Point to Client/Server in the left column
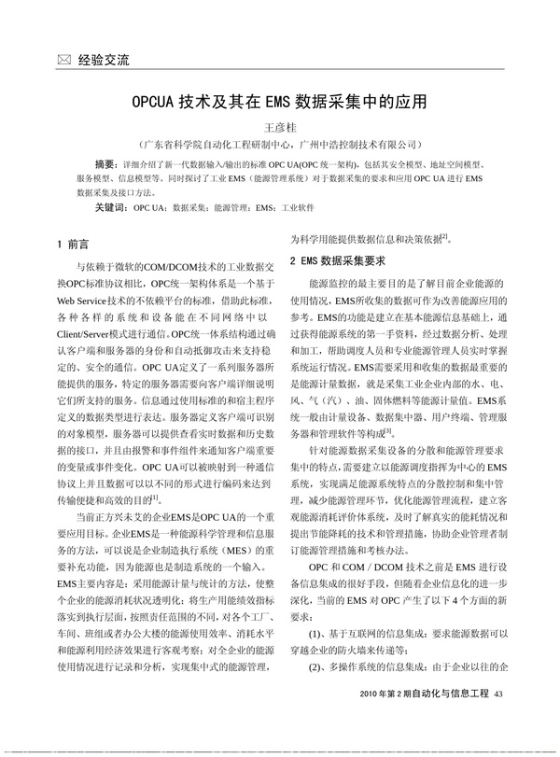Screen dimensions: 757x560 pos(94,331)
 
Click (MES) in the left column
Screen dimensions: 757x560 pos(245,550)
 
